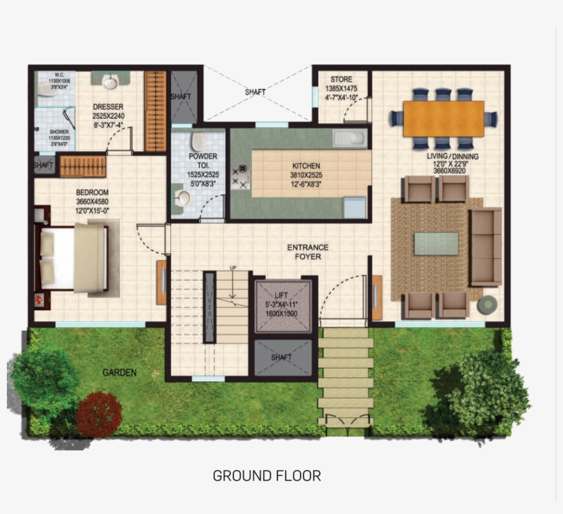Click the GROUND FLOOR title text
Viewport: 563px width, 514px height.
coord(266,475)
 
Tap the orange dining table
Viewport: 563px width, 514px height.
coord(443,119)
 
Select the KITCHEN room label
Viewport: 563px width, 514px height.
coord(306,165)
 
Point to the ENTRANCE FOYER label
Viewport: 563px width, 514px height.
coord(308,252)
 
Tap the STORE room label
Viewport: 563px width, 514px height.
coord(341,80)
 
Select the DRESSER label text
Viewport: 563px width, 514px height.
coord(108,107)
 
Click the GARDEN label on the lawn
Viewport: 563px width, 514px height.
coord(119,373)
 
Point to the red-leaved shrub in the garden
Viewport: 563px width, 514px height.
coord(99,414)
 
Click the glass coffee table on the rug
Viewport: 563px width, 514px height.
coord(436,244)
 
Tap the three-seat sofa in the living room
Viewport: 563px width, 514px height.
coord(485,247)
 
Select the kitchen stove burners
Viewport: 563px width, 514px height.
coord(242,178)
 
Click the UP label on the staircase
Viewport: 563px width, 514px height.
coord(233,268)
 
